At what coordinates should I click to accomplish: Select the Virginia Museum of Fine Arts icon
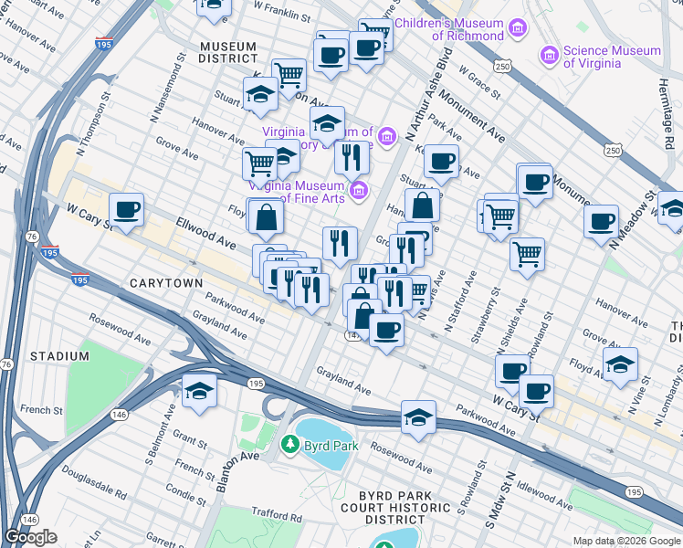pos(360,190)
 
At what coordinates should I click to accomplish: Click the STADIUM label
pos(58,354)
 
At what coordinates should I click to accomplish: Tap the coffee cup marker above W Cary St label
pos(127,209)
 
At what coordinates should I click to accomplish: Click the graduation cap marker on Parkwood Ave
pos(418,416)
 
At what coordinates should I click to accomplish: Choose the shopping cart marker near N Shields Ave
pos(527,253)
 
